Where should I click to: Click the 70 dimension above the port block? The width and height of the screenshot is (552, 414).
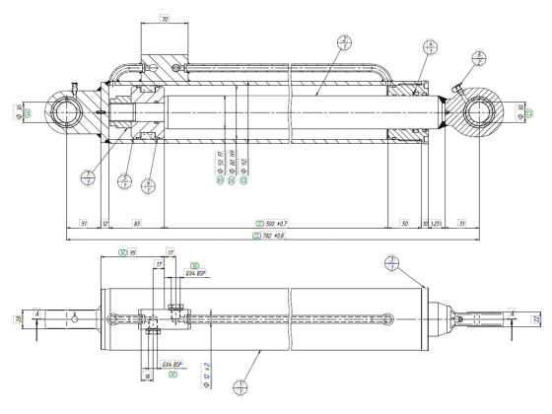click(x=165, y=19)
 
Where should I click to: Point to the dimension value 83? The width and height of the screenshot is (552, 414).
click(x=137, y=224)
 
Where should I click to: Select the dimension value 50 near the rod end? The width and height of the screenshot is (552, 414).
click(x=404, y=224)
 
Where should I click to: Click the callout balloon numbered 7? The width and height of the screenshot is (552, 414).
click(x=90, y=177)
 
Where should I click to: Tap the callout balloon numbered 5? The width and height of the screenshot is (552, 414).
click(x=125, y=180)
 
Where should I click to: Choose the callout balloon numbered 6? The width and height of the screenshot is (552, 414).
click(x=148, y=182)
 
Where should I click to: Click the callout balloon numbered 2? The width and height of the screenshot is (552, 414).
click(x=344, y=43)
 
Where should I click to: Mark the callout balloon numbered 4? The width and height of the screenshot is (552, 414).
click(x=430, y=45)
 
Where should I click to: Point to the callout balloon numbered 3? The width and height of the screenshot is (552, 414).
click(x=392, y=262)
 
